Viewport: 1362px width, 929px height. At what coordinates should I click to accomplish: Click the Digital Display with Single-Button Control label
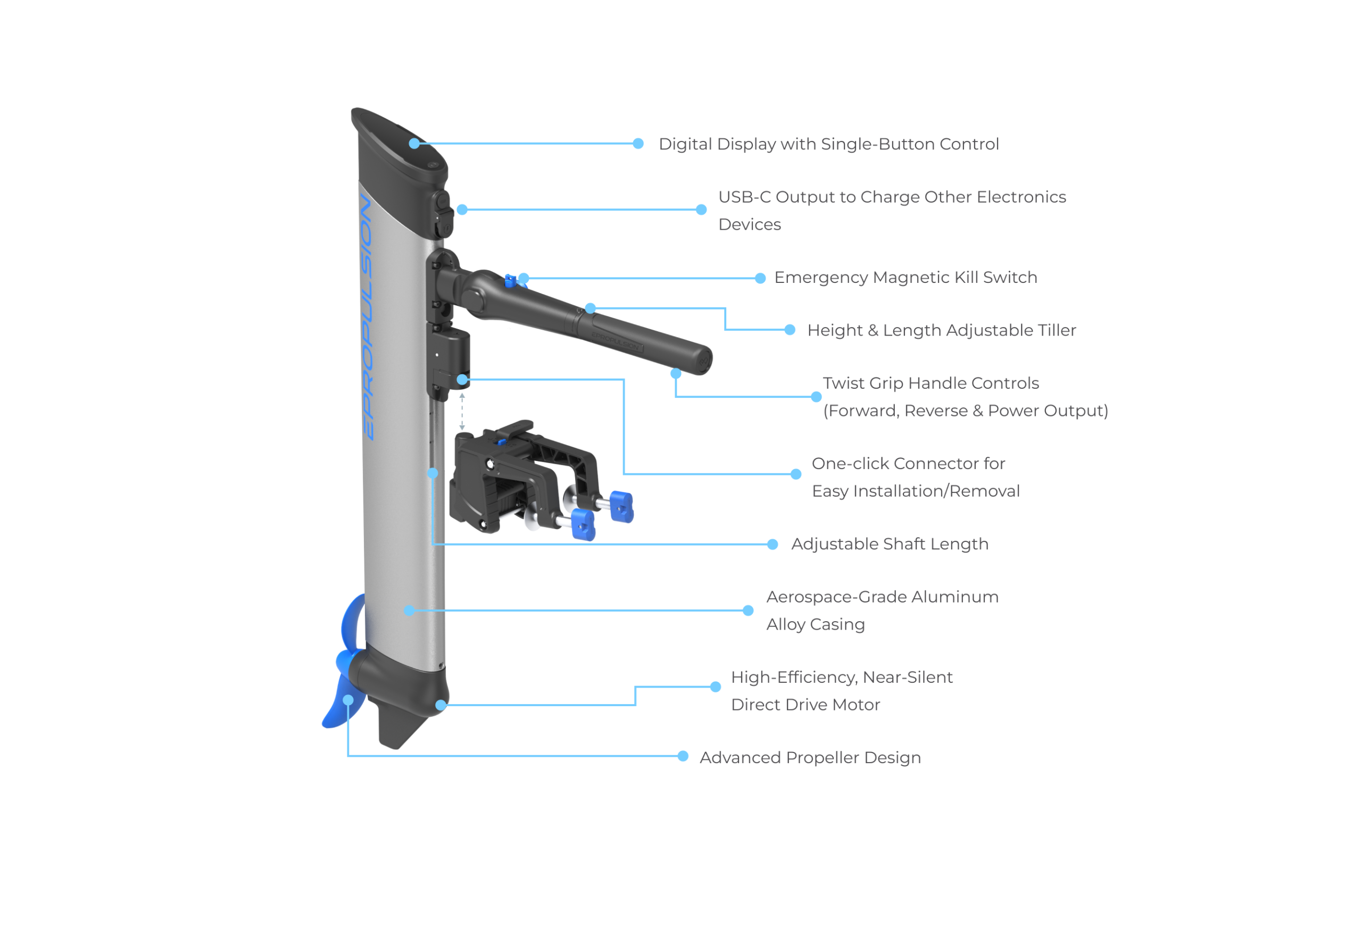[828, 144]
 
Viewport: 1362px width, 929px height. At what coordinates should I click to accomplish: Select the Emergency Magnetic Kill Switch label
[905, 277]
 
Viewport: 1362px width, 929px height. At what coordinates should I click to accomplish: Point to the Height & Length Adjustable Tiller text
[941, 330]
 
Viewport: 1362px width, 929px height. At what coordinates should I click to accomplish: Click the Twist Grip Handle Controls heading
[930, 383]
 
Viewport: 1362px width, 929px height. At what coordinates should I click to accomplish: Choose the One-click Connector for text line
[907, 464]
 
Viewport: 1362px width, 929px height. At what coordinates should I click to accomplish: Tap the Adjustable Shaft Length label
[889, 544]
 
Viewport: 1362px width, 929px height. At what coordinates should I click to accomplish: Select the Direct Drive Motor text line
[805, 705]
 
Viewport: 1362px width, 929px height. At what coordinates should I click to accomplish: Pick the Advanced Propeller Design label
[809, 758]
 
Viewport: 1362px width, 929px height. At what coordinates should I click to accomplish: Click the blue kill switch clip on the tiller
[509, 280]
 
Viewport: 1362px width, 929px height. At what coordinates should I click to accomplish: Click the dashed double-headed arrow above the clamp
[462, 411]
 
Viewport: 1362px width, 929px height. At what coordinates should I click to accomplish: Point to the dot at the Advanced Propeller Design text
[683, 756]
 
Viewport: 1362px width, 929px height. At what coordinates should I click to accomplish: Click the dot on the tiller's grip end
[676, 373]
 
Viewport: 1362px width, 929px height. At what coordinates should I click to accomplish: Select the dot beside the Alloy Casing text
[748, 610]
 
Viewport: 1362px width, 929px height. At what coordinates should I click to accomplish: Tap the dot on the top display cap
[414, 143]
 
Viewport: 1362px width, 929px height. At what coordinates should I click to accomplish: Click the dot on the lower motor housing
[441, 705]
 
